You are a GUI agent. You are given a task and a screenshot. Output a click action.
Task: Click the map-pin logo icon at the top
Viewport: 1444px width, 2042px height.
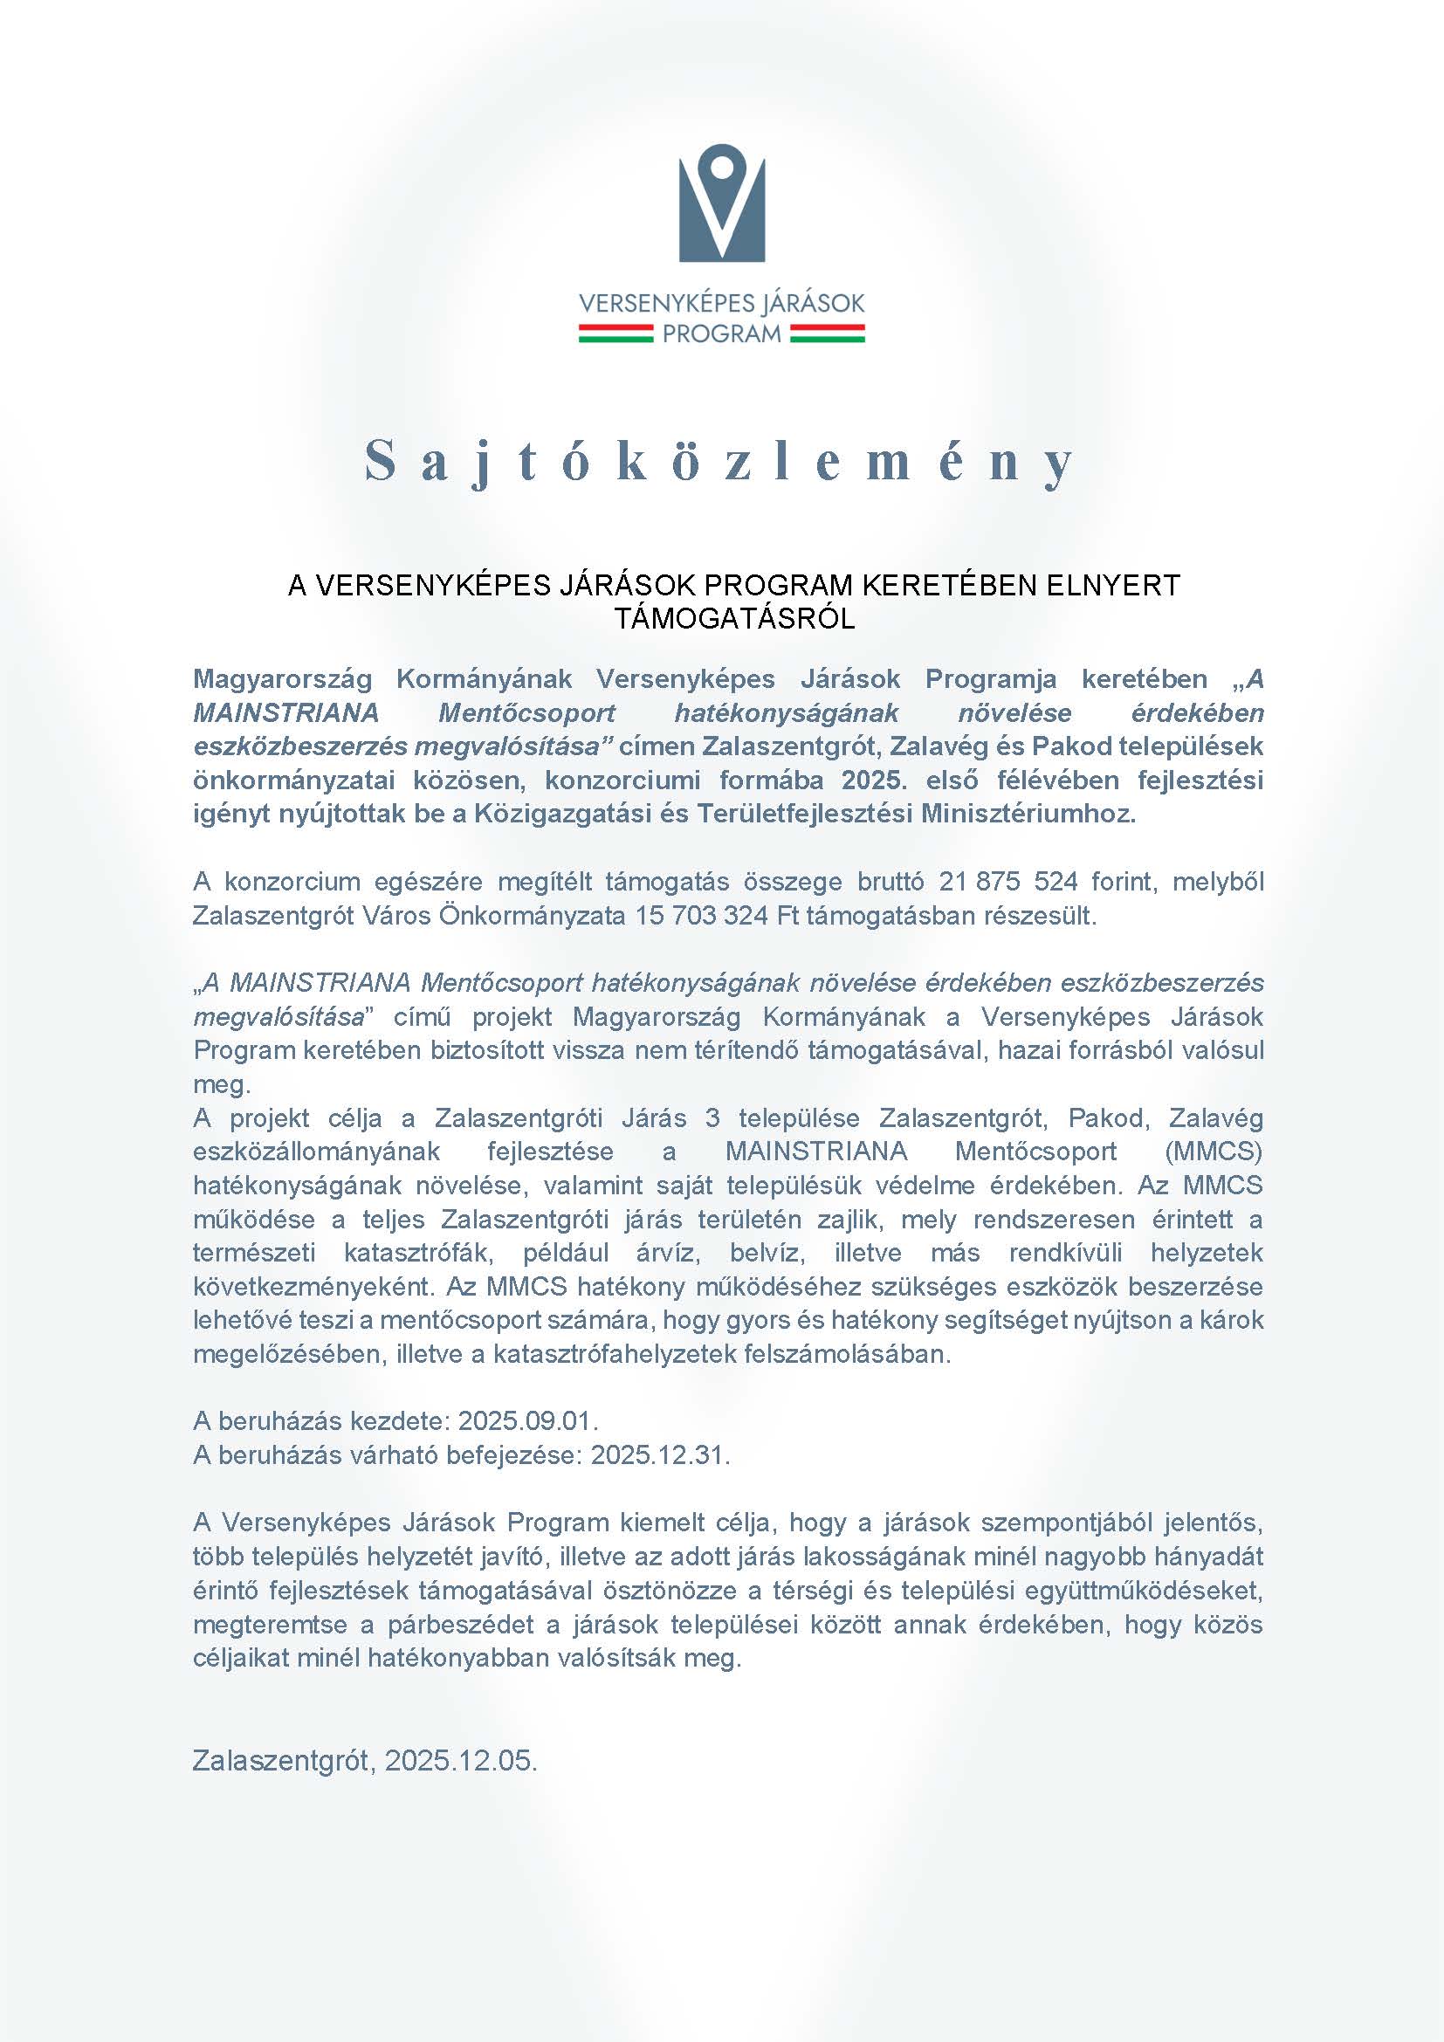(x=721, y=203)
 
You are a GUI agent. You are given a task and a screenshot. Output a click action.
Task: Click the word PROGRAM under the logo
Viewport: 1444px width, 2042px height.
(x=722, y=334)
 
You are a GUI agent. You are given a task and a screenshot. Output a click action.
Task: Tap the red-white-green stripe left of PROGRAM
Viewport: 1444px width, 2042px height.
(x=616, y=334)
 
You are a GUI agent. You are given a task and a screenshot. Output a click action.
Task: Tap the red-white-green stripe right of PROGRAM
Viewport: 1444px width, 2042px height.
(x=827, y=334)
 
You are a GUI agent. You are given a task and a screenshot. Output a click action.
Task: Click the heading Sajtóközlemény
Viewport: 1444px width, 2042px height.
(x=720, y=462)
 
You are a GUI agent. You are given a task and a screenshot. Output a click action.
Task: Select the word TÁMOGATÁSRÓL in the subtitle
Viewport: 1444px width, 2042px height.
(x=734, y=619)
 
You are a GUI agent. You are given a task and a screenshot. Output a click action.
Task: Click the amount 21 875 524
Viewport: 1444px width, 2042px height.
(x=1008, y=882)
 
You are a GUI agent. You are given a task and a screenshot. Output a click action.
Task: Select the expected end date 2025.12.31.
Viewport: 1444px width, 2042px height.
(x=660, y=1454)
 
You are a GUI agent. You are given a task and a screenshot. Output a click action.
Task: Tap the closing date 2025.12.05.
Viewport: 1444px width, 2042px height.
(x=462, y=1760)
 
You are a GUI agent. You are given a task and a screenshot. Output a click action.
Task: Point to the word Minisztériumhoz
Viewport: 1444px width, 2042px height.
(x=1028, y=814)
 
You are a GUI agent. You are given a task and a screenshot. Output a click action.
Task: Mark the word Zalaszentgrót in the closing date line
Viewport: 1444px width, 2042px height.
(x=285, y=1760)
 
